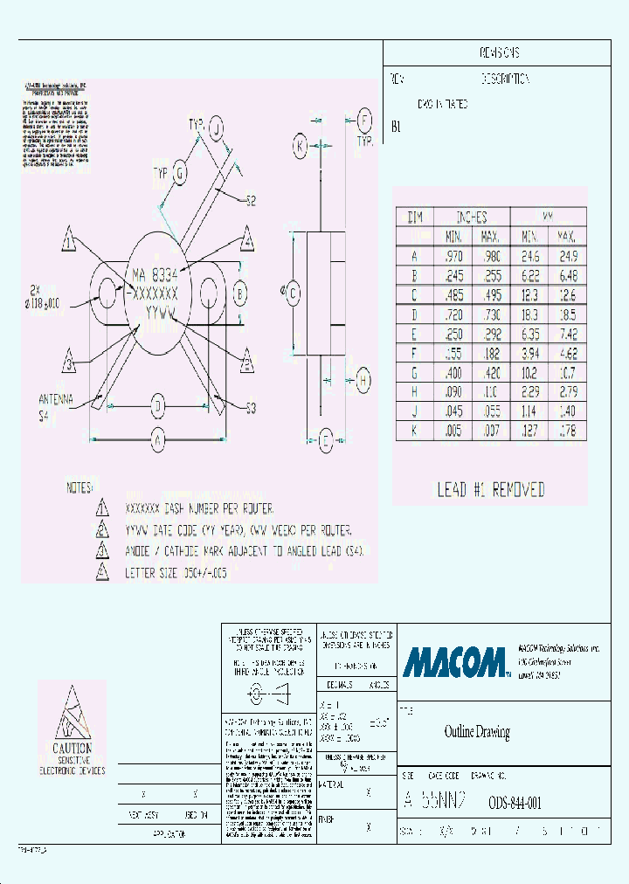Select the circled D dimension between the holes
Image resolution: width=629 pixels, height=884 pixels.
[158, 405]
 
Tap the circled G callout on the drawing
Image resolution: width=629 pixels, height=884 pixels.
[179, 172]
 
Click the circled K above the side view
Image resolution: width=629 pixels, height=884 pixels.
[300, 147]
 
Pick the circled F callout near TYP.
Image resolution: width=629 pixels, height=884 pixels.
[365, 121]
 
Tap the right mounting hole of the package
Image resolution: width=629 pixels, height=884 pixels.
[210, 292]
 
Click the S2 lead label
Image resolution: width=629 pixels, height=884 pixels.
[251, 200]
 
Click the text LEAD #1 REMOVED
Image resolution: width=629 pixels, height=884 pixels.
[491, 489]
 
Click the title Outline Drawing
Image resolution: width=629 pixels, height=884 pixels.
[477, 732]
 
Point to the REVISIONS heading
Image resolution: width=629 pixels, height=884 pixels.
[500, 53]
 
